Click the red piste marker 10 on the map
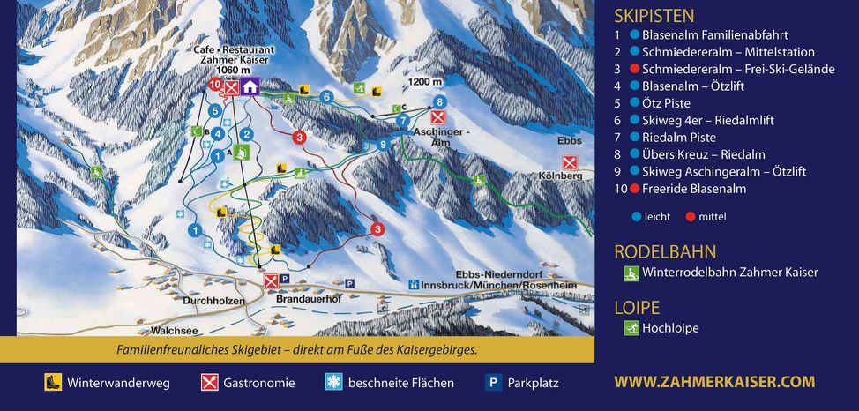tap(215, 85)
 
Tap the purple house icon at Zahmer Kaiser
tap(250, 86)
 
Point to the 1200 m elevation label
tap(424, 82)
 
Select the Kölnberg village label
tap(560, 176)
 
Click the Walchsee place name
tap(174, 331)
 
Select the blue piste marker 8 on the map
tap(439, 102)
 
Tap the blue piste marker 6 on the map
tap(326, 97)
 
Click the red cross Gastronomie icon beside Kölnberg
tap(570, 162)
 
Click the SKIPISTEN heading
tap(654, 15)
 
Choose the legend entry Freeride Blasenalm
tap(693, 189)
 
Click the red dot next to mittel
tap(691, 217)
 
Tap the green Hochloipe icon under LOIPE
tap(631, 328)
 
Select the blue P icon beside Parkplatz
tap(494, 383)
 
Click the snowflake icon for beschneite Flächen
tap(333, 383)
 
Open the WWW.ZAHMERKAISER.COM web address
tap(714, 382)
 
